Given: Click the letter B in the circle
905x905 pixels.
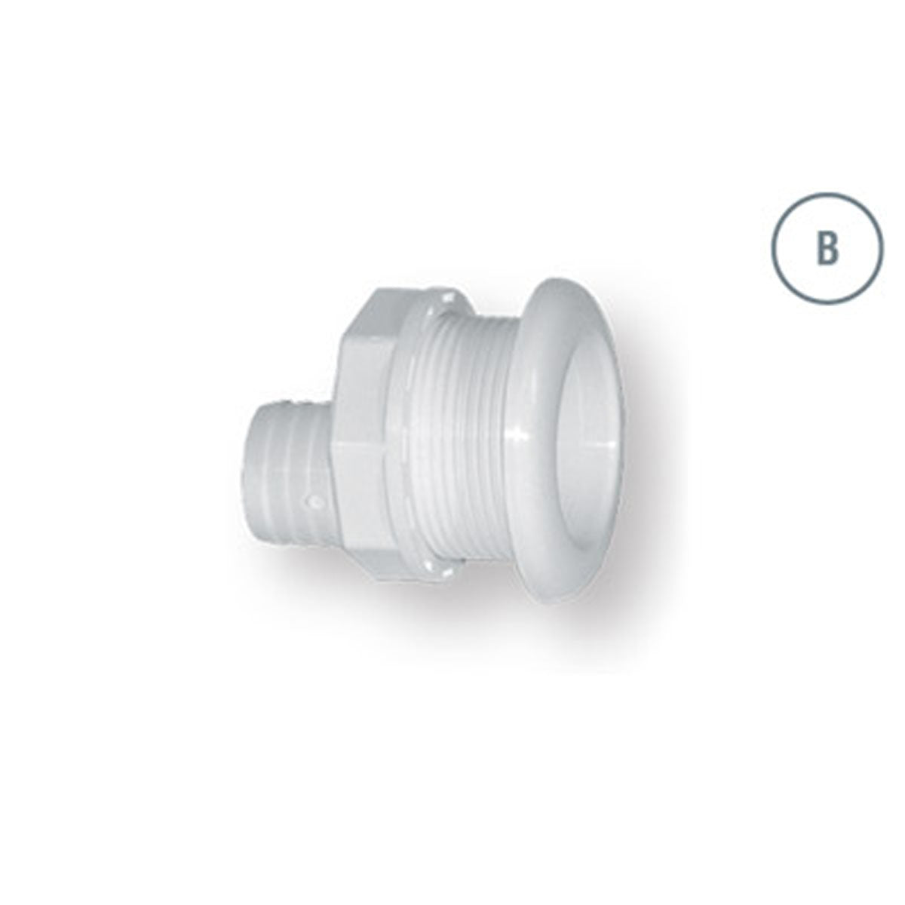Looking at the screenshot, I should tap(827, 249).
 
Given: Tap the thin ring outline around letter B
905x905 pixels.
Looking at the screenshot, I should tap(827, 195).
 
